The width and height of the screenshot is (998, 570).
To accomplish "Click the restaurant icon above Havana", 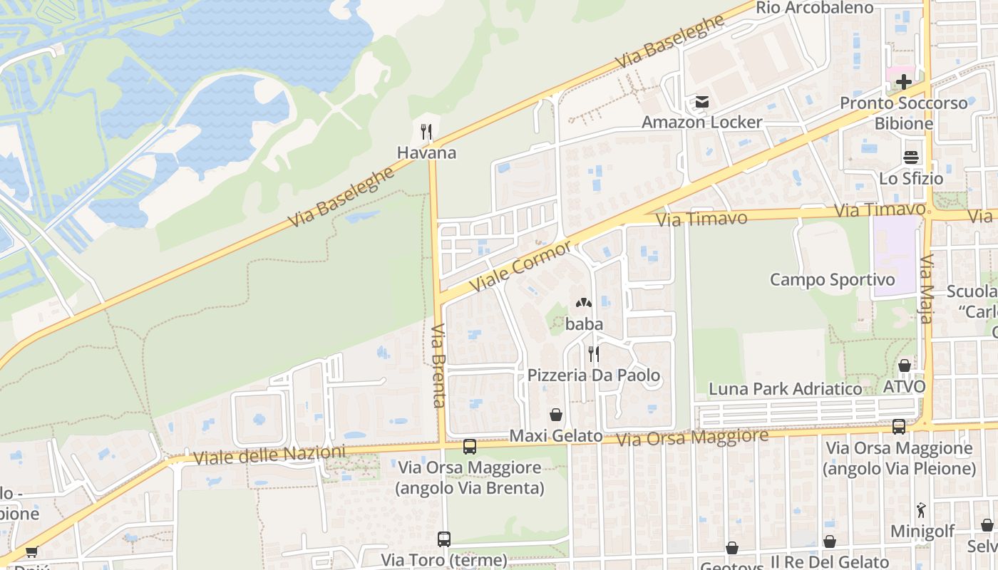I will pyautogui.click(x=426, y=131).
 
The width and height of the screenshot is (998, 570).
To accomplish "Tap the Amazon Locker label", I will pyautogui.click(x=702, y=123).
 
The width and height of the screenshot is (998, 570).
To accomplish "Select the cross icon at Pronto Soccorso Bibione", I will pyautogui.click(x=904, y=82).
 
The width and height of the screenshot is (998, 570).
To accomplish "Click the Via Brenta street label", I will pyautogui.click(x=438, y=366).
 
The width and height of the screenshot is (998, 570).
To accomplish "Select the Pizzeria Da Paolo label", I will pyautogui.click(x=594, y=375).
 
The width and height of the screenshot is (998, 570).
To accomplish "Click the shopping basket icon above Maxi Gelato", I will pyautogui.click(x=556, y=415).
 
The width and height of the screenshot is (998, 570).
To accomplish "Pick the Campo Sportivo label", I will pyautogui.click(x=832, y=279).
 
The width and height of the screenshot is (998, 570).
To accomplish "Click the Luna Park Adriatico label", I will pyautogui.click(x=785, y=389).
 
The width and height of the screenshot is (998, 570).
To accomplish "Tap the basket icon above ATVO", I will pyautogui.click(x=905, y=366).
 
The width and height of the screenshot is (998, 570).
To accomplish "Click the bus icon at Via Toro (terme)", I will pyautogui.click(x=444, y=539).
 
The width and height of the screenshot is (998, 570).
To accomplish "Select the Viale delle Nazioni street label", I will pyautogui.click(x=269, y=455).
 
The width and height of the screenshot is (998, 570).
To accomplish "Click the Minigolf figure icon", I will pyautogui.click(x=920, y=510).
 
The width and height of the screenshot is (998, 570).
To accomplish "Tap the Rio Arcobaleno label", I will pyautogui.click(x=815, y=8).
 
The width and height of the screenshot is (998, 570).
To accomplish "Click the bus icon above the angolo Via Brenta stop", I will pyautogui.click(x=470, y=447).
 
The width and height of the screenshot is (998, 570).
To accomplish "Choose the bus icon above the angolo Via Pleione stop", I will pyautogui.click(x=899, y=427).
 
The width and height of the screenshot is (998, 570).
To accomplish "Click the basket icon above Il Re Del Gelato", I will pyautogui.click(x=830, y=541).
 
